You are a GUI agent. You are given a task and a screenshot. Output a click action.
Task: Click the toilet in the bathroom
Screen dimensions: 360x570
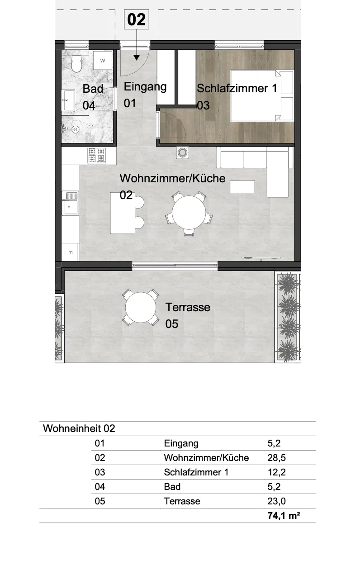(x=76, y=64)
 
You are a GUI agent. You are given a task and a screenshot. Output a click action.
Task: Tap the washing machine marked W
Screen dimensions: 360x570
(x=103, y=60)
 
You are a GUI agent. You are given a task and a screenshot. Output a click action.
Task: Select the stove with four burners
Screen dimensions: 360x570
(x=96, y=155)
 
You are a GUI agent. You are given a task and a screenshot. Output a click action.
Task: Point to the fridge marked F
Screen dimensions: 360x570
(x=71, y=252)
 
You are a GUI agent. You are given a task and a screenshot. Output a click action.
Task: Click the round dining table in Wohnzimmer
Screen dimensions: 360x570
(x=189, y=213)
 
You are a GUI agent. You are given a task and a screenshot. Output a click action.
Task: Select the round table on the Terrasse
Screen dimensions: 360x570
(x=141, y=307)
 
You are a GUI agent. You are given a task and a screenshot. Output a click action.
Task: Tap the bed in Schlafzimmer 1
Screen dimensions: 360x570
(x=262, y=95)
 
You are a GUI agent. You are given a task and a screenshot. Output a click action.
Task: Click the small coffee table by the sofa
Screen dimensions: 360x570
(x=242, y=187)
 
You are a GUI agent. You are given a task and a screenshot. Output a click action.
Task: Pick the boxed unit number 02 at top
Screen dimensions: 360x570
(x=137, y=19)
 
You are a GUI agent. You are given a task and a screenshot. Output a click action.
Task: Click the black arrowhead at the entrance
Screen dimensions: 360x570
(x=137, y=57)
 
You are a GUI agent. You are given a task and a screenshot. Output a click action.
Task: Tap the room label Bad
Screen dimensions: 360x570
(x=93, y=89)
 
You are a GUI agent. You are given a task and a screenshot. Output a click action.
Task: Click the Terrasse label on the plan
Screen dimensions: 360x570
(x=188, y=307)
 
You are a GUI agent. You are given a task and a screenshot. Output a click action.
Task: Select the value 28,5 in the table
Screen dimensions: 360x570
(x=276, y=458)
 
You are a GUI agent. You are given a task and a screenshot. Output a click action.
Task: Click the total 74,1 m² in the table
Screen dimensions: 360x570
(x=284, y=516)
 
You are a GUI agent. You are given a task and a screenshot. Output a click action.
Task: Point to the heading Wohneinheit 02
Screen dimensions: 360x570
(x=79, y=428)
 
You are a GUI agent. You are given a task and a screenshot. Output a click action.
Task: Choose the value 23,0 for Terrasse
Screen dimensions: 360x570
(x=276, y=501)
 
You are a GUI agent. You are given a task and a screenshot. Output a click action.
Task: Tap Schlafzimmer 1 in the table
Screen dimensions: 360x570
(x=196, y=472)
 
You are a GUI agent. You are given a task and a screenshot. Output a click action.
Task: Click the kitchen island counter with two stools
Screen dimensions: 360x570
(x=123, y=213)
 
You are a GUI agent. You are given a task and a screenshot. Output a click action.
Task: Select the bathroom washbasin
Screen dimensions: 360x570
(x=68, y=100)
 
